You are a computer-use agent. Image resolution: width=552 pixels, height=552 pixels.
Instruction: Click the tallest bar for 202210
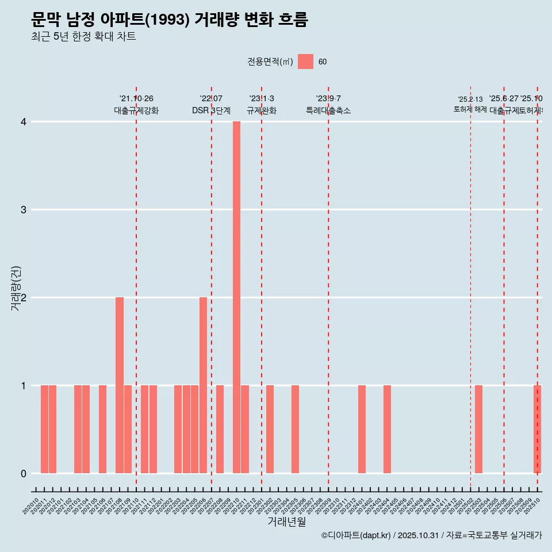[x=236, y=297]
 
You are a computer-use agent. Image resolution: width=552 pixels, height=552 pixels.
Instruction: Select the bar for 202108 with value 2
[x=120, y=385]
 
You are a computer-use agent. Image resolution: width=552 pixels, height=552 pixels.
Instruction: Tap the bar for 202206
[x=203, y=385]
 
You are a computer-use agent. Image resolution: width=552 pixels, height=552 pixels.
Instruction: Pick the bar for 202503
[x=478, y=430]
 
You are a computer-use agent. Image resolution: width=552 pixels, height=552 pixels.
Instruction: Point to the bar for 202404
[x=387, y=430]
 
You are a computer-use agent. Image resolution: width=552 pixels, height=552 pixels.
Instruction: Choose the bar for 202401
[x=362, y=430]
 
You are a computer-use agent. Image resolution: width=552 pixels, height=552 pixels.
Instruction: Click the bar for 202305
[x=295, y=430]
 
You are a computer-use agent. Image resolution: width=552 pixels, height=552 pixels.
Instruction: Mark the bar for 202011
[x=44, y=430]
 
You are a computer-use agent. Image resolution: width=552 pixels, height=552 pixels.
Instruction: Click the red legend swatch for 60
[x=305, y=62]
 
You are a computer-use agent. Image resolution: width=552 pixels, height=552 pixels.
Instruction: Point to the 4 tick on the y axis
[x=24, y=122]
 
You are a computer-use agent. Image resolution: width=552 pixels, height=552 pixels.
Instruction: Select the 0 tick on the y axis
[x=24, y=474]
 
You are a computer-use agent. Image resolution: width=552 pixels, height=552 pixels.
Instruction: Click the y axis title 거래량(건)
[x=16, y=288]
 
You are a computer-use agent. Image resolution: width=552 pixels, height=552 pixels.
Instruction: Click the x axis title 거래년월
[x=286, y=522]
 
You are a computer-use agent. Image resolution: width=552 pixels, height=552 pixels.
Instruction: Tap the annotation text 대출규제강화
[x=136, y=110]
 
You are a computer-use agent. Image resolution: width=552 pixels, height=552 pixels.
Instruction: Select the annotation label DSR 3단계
[x=211, y=110]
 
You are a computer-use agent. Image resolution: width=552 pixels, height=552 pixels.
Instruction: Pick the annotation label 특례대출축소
[x=328, y=110]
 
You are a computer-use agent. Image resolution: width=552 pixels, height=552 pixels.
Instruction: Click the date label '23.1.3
[x=262, y=98]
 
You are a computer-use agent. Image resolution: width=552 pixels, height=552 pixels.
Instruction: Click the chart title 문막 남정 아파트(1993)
[x=170, y=20]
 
